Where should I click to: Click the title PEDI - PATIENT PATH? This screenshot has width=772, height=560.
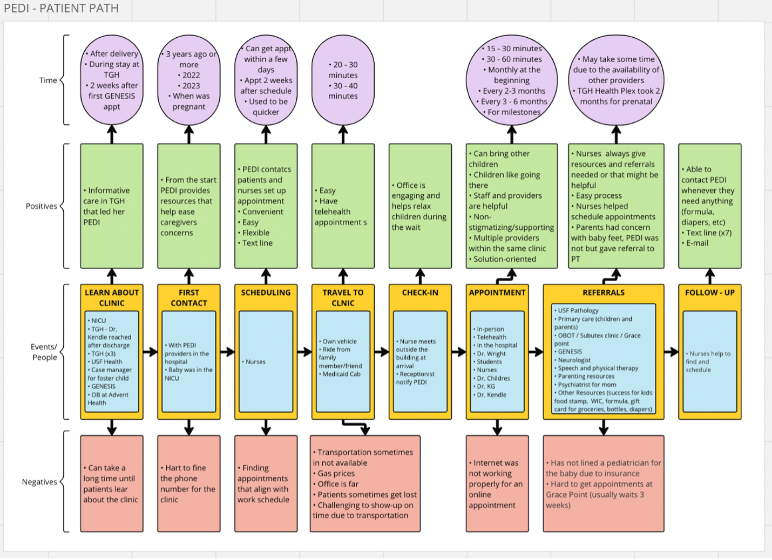[x=62, y=8]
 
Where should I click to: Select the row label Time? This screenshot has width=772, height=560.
[x=48, y=80]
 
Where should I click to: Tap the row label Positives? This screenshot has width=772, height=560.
[x=42, y=206]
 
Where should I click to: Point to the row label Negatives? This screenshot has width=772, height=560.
[x=39, y=482]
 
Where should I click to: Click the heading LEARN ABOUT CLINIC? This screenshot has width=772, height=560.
[x=112, y=298]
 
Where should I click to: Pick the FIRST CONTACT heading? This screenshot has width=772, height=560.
[x=189, y=298]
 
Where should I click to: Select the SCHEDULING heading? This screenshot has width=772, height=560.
[x=266, y=292]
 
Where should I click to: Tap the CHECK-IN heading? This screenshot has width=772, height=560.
[x=420, y=292]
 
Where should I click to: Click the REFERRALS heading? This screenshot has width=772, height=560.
[x=604, y=292]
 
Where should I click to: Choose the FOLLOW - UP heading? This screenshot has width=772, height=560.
[x=709, y=292]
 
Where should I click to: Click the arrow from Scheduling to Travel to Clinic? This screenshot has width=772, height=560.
[x=304, y=352]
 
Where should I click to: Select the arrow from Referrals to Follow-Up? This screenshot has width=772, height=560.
[x=672, y=352]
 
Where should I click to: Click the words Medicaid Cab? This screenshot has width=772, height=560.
[x=341, y=374]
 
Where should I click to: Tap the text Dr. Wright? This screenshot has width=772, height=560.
[x=491, y=353]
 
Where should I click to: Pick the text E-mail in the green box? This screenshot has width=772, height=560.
[x=697, y=243]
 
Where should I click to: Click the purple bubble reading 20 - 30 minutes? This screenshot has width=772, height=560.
[x=343, y=80]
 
